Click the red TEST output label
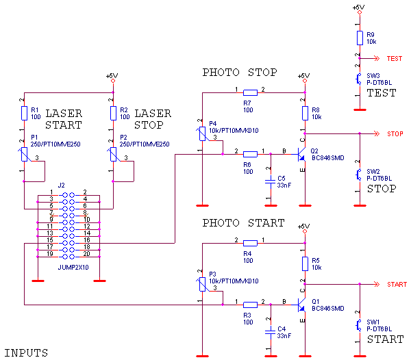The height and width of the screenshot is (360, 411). click(395, 59)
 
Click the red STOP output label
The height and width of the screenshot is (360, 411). click(395, 133)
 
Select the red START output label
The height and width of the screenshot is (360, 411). click(397, 284)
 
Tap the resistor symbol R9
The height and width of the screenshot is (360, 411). click(360, 38)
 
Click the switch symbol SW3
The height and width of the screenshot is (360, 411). click(360, 79)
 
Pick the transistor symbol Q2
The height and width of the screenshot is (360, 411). click(301, 155)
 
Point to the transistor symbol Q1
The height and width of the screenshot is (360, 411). click(301, 305)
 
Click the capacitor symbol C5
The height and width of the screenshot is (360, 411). click(271, 181)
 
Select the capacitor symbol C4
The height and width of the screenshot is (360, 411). click(271, 332)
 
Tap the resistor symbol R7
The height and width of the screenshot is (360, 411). click(250, 92)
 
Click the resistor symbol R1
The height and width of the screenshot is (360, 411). click(24, 113)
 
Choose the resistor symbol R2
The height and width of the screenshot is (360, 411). click(113, 113)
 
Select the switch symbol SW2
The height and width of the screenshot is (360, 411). click(360, 175)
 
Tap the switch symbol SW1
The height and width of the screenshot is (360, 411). click(360, 326)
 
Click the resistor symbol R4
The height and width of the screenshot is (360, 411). click(250, 243)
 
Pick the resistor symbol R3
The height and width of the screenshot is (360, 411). click(305, 263)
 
